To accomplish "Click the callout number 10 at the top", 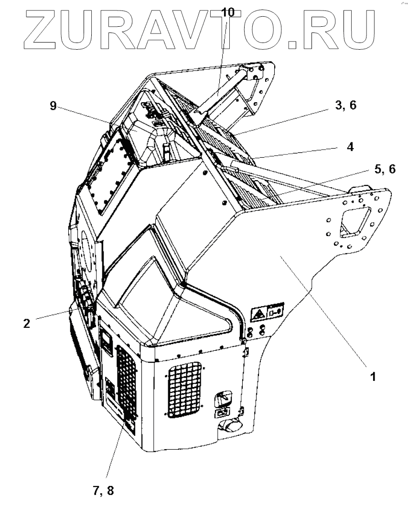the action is (228, 11).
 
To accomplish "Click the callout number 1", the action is (372, 377).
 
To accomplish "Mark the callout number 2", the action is (26, 323).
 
